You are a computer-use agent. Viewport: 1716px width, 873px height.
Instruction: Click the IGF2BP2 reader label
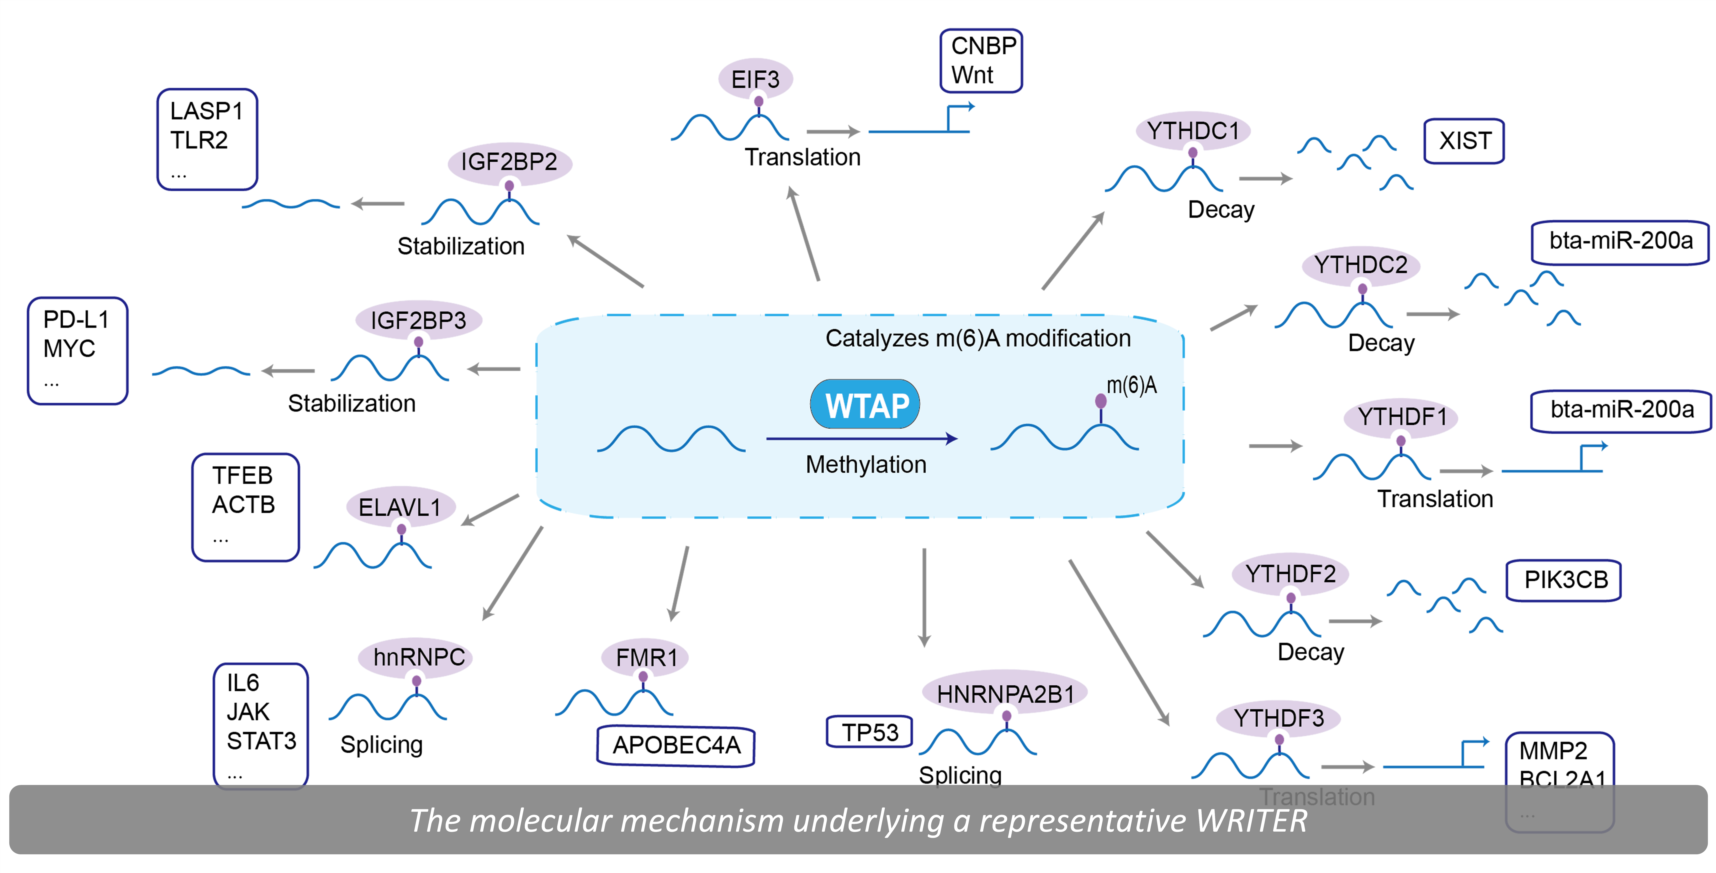pos(509,162)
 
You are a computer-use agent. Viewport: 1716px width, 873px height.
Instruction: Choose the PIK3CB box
pos(1565,580)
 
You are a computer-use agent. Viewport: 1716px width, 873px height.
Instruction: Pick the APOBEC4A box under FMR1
pos(676,745)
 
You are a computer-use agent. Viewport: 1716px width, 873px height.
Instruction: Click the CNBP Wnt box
pos(981,61)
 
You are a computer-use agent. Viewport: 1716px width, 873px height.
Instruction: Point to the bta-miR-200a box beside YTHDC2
pos(1620,241)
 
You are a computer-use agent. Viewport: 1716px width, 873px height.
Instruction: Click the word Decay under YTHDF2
pos(1310,652)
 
